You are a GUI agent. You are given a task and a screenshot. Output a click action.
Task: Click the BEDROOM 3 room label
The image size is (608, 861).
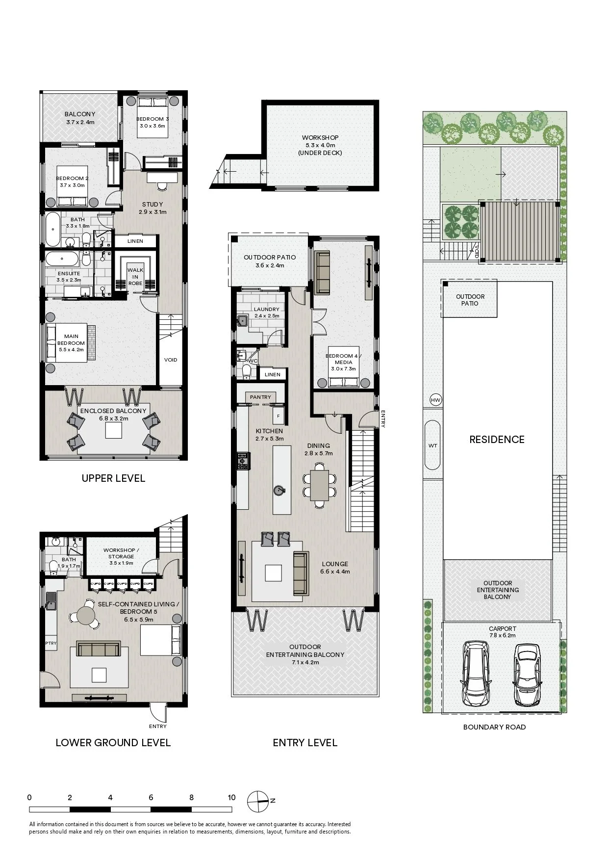(152, 119)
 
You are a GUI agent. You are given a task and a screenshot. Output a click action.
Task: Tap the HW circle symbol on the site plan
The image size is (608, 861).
(435, 400)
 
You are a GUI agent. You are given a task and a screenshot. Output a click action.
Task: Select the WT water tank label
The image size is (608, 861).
(432, 445)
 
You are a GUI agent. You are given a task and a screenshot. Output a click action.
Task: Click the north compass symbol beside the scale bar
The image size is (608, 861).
(258, 801)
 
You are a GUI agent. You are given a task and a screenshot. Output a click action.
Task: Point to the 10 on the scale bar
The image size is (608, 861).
(231, 797)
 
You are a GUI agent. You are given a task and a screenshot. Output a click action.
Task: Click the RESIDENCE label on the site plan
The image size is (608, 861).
(497, 440)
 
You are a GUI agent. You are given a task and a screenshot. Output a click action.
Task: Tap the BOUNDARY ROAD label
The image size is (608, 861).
(494, 727)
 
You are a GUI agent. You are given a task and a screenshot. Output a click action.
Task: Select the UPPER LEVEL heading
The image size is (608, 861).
(113, 478)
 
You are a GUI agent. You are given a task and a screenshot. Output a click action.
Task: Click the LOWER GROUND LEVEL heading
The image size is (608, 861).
(113, 742)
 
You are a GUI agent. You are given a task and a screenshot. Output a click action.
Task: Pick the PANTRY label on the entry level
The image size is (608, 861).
(260, 397)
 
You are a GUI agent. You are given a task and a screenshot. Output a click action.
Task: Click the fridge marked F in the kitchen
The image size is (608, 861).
(278, 416)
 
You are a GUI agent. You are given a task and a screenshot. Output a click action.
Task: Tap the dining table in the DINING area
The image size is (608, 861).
(320, 485)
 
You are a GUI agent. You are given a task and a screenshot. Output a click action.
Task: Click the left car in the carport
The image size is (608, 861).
(476, 673)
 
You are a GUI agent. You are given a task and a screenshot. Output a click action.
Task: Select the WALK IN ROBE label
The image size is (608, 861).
(135, 277)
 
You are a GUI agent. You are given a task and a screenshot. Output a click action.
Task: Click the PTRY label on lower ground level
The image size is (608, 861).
(51, 643)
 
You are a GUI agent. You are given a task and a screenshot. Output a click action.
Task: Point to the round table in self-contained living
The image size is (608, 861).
(86, 615)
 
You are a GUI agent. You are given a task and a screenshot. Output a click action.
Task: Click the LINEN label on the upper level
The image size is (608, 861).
(135, 241)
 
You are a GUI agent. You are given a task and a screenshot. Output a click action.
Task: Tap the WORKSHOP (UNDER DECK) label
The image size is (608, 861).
(320, 145)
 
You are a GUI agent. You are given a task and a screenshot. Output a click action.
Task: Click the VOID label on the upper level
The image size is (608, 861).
(171, 360)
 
